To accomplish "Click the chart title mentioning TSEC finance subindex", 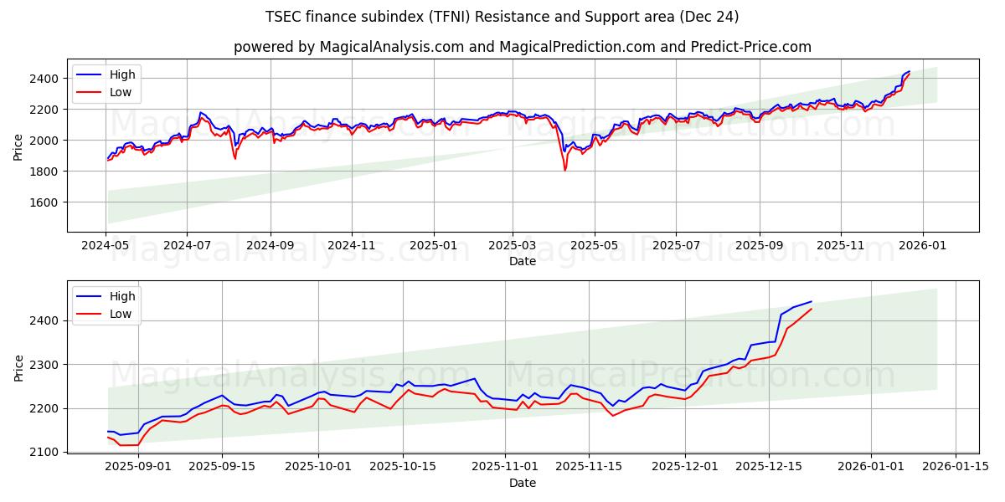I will tap(502, 17).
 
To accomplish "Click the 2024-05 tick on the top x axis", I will tap(106, 246).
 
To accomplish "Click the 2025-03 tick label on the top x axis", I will tap(512, 246).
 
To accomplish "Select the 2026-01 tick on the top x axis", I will tap(923, 246).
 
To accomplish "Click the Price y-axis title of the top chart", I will tap(18, 146).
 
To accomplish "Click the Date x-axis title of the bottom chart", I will tap(523, 483).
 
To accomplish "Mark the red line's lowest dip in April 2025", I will tap(564, 171).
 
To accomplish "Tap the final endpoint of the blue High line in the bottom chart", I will tap(811, 301).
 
